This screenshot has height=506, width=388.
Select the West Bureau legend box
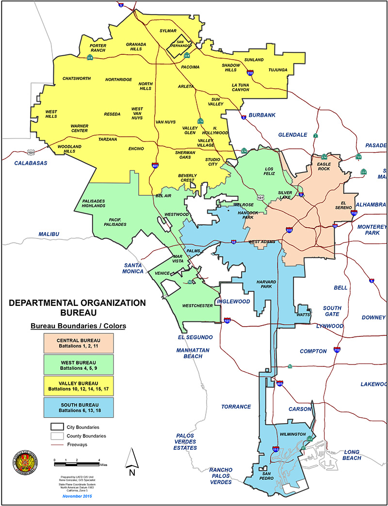78,365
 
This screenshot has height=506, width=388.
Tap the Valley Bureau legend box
78,386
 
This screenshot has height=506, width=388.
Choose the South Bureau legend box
78,408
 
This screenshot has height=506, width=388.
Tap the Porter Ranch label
98,48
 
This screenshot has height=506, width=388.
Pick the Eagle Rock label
323,167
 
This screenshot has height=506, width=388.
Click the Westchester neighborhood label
197,306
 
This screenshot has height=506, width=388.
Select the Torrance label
236,407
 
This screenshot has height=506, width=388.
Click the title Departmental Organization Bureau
77,307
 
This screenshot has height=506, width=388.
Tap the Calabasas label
31,163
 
